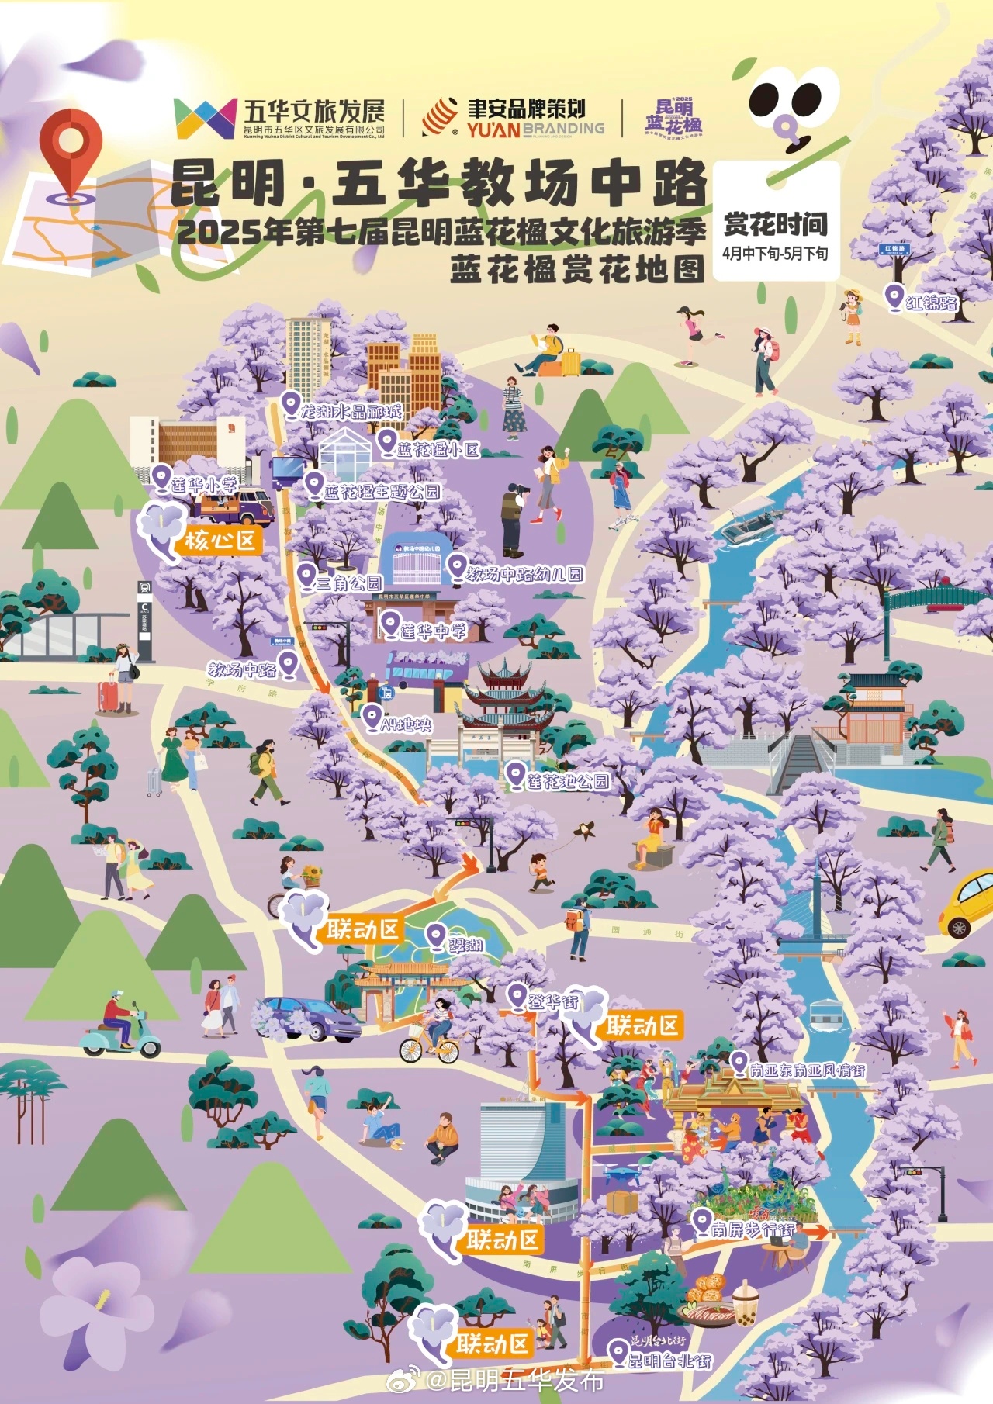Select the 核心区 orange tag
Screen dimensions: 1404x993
220,540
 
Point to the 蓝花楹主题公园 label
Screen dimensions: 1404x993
381,492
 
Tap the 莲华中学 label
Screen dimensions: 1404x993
433,631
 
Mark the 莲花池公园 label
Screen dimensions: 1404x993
567,781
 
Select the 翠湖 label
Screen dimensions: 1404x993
465,944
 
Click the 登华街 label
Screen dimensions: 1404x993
553,1001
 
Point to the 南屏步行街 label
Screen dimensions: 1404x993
753,1229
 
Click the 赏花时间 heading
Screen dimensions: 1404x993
775,224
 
